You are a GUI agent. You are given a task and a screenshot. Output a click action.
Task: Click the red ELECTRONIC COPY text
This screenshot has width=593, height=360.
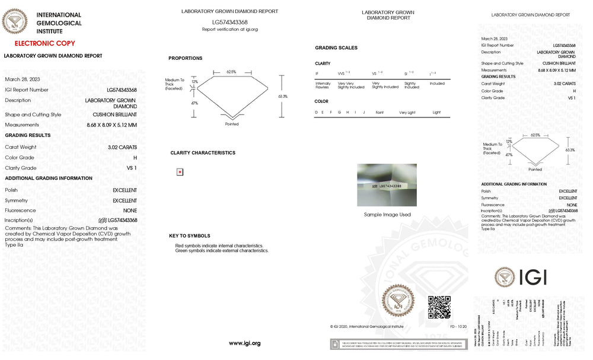(44, 43)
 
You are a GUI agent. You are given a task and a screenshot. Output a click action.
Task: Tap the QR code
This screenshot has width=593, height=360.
(439, 307)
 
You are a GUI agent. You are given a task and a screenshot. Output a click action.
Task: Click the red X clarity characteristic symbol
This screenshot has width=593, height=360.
(180, 172)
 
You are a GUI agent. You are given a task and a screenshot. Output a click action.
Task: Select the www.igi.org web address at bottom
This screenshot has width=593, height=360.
(244, 343)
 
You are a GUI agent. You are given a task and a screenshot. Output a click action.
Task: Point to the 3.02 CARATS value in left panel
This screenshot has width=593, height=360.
(122, 147)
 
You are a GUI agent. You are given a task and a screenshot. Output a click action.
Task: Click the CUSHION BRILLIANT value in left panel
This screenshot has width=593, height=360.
(114, 114)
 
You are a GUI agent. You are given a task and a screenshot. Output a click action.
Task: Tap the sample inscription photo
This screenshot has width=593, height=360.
(387, 185)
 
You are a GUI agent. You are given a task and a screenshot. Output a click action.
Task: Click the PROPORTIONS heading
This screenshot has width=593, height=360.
(185, 58)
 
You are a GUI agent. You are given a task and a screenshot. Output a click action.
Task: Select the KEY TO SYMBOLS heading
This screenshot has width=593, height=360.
(189, 236)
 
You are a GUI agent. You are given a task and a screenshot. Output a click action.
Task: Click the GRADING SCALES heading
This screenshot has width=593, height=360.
(336, 47)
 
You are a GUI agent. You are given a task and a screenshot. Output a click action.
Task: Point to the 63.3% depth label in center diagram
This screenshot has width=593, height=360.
(282, 96)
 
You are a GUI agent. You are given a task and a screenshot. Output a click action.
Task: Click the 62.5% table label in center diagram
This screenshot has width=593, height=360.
(231, 72)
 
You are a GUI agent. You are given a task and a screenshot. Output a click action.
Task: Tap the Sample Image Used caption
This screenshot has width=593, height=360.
(387, 215)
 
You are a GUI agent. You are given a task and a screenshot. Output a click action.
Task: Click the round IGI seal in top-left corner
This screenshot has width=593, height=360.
(15, 23)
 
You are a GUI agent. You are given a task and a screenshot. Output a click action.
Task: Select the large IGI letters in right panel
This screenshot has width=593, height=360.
(533, 277)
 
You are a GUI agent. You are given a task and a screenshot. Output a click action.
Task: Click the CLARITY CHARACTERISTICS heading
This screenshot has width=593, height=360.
(202, 153)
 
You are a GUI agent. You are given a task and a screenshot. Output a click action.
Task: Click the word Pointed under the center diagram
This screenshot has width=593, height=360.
(232, 124)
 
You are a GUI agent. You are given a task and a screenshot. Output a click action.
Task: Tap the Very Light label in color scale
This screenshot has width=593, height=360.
(407, 112)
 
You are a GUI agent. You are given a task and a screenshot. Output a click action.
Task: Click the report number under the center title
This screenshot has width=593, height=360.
(229, 22)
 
